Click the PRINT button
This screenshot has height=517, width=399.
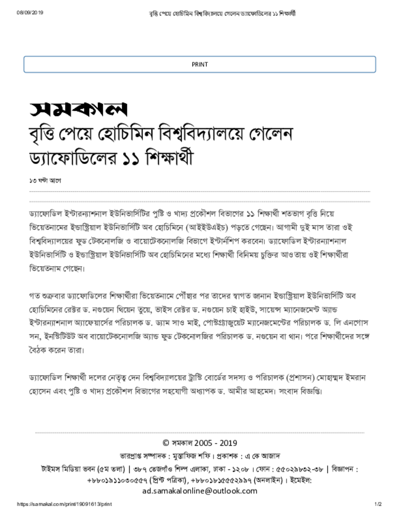[199, 65]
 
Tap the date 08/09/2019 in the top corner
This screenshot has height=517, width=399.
[31, 13]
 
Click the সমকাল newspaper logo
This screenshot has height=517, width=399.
[78, 109]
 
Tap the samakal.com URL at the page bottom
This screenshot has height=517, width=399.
[64, 504]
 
